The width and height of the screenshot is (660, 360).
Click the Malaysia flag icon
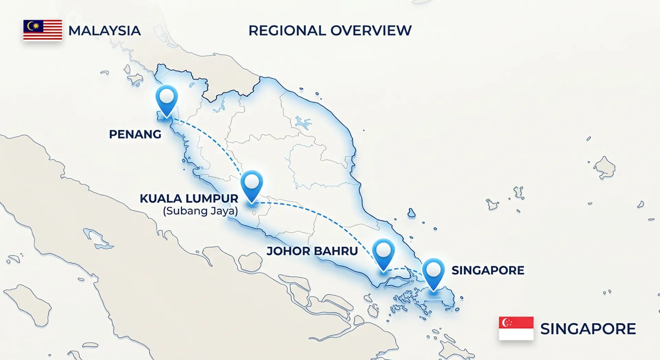point(43,30)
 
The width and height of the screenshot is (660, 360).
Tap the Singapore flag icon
point(516,328)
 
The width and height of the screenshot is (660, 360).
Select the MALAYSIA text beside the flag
point(104,31)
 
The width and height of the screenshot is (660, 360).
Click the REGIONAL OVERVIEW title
point(330,31)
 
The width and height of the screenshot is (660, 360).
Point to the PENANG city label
point(135,134)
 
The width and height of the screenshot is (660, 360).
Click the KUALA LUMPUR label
point(189,198)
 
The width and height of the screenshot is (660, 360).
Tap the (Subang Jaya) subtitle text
point(200,211)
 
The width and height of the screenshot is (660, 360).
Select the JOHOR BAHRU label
point(312,251)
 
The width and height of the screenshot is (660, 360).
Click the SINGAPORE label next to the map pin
point(488,270)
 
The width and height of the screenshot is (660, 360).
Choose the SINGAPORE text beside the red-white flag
point(588,329)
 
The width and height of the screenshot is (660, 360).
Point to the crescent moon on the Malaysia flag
point(31,25)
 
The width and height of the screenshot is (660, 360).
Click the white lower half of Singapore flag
point(516,334)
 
